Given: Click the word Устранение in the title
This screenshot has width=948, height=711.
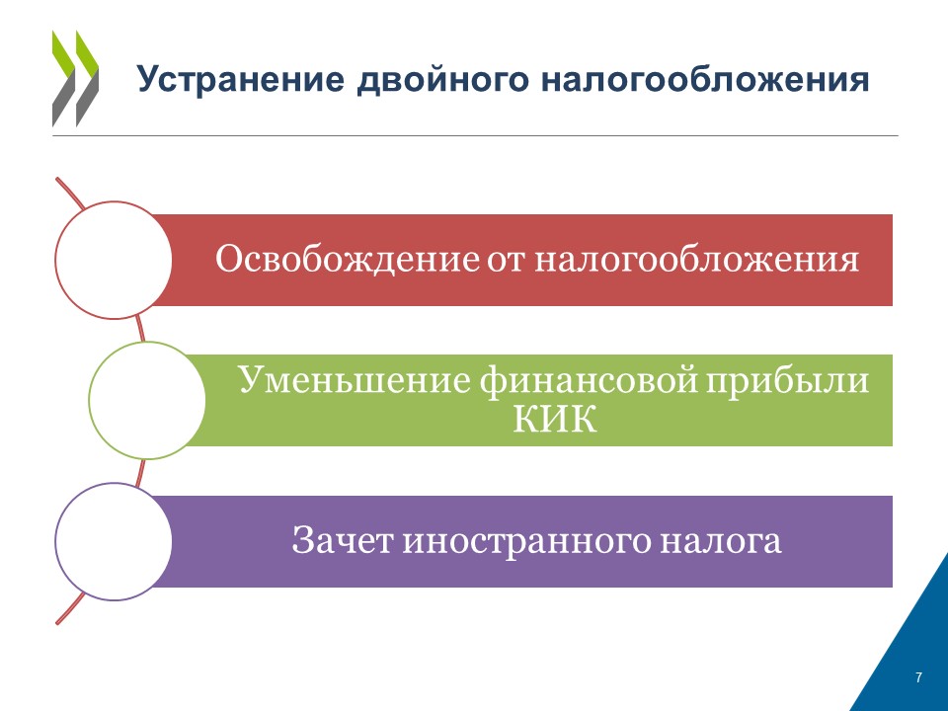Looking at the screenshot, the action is (241, 79).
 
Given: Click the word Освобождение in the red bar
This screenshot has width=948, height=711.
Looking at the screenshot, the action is (347, 260).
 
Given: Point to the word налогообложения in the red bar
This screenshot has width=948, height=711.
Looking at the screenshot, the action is (696, 261).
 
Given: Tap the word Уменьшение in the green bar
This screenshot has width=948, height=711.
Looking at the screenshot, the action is (355, 381).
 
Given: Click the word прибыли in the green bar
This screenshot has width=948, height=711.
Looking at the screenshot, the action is (787, 381).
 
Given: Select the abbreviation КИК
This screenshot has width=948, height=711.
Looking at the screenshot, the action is (555, 419).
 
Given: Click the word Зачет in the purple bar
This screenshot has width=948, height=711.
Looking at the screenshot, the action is (342, 540).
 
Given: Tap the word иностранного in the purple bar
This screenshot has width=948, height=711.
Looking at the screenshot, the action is (526, 541).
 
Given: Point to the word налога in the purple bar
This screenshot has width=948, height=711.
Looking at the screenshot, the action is (721, 541).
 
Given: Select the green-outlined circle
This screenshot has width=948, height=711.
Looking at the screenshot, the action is (90, 400).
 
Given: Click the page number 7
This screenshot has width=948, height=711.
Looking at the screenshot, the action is (919, 677).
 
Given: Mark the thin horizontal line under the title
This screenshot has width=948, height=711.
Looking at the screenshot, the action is (475, 135).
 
